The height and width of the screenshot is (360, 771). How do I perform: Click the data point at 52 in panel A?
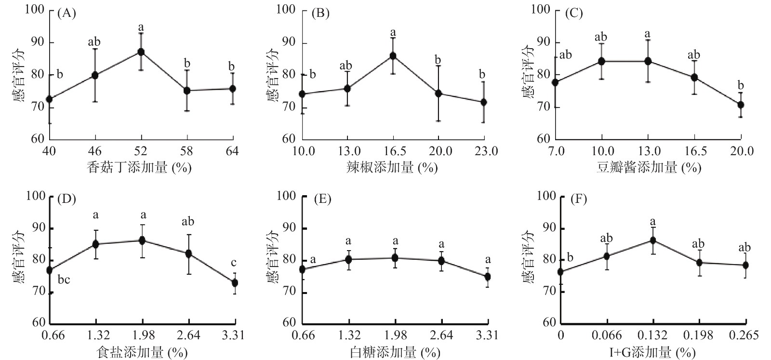coord(141,52)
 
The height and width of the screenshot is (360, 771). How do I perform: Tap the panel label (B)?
coord(320,13)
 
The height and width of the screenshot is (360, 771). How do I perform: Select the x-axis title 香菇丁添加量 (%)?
coord(139,167)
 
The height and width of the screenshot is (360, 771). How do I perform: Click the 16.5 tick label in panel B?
coord(393,151)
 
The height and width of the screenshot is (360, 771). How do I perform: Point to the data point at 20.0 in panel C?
coord(741,105)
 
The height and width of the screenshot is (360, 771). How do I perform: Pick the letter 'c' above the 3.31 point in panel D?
coord(234,263)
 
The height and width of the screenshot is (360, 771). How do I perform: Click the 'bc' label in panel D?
coord(64,280)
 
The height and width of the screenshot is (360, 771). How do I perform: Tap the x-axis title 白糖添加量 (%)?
coord(395,353)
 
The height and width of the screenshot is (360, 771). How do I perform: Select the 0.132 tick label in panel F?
coord(653,335)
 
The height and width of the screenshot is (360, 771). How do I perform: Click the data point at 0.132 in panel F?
coord(653,240)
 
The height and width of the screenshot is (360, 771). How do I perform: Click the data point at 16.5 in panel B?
coord(393,55)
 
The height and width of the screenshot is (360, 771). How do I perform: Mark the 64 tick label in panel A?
coord(232,151)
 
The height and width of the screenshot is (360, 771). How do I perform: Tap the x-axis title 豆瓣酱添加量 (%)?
coord(649,167)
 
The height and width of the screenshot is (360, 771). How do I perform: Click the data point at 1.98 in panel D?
coord(143,240)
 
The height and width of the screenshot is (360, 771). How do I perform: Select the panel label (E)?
coord(322,199)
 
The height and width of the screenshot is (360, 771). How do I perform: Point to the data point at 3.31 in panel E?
coord(487,277)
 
